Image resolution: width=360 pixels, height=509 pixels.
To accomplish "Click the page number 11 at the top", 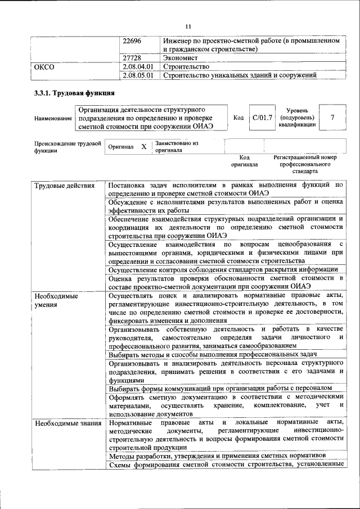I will tap(188, 26).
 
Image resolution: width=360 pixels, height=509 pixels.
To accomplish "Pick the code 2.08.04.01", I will tap(138, 66).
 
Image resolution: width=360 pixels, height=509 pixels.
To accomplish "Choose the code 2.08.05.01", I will tap(138, 75).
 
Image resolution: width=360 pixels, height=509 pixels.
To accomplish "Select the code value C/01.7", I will tap(262, 118).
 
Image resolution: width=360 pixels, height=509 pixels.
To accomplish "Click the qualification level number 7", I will tap(332, 118).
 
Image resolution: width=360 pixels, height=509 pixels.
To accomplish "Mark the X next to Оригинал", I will tap(143, 146).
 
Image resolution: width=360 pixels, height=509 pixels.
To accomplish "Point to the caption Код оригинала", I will tap(244, 161).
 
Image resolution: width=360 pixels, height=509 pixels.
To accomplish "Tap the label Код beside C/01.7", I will tap(238, 118).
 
